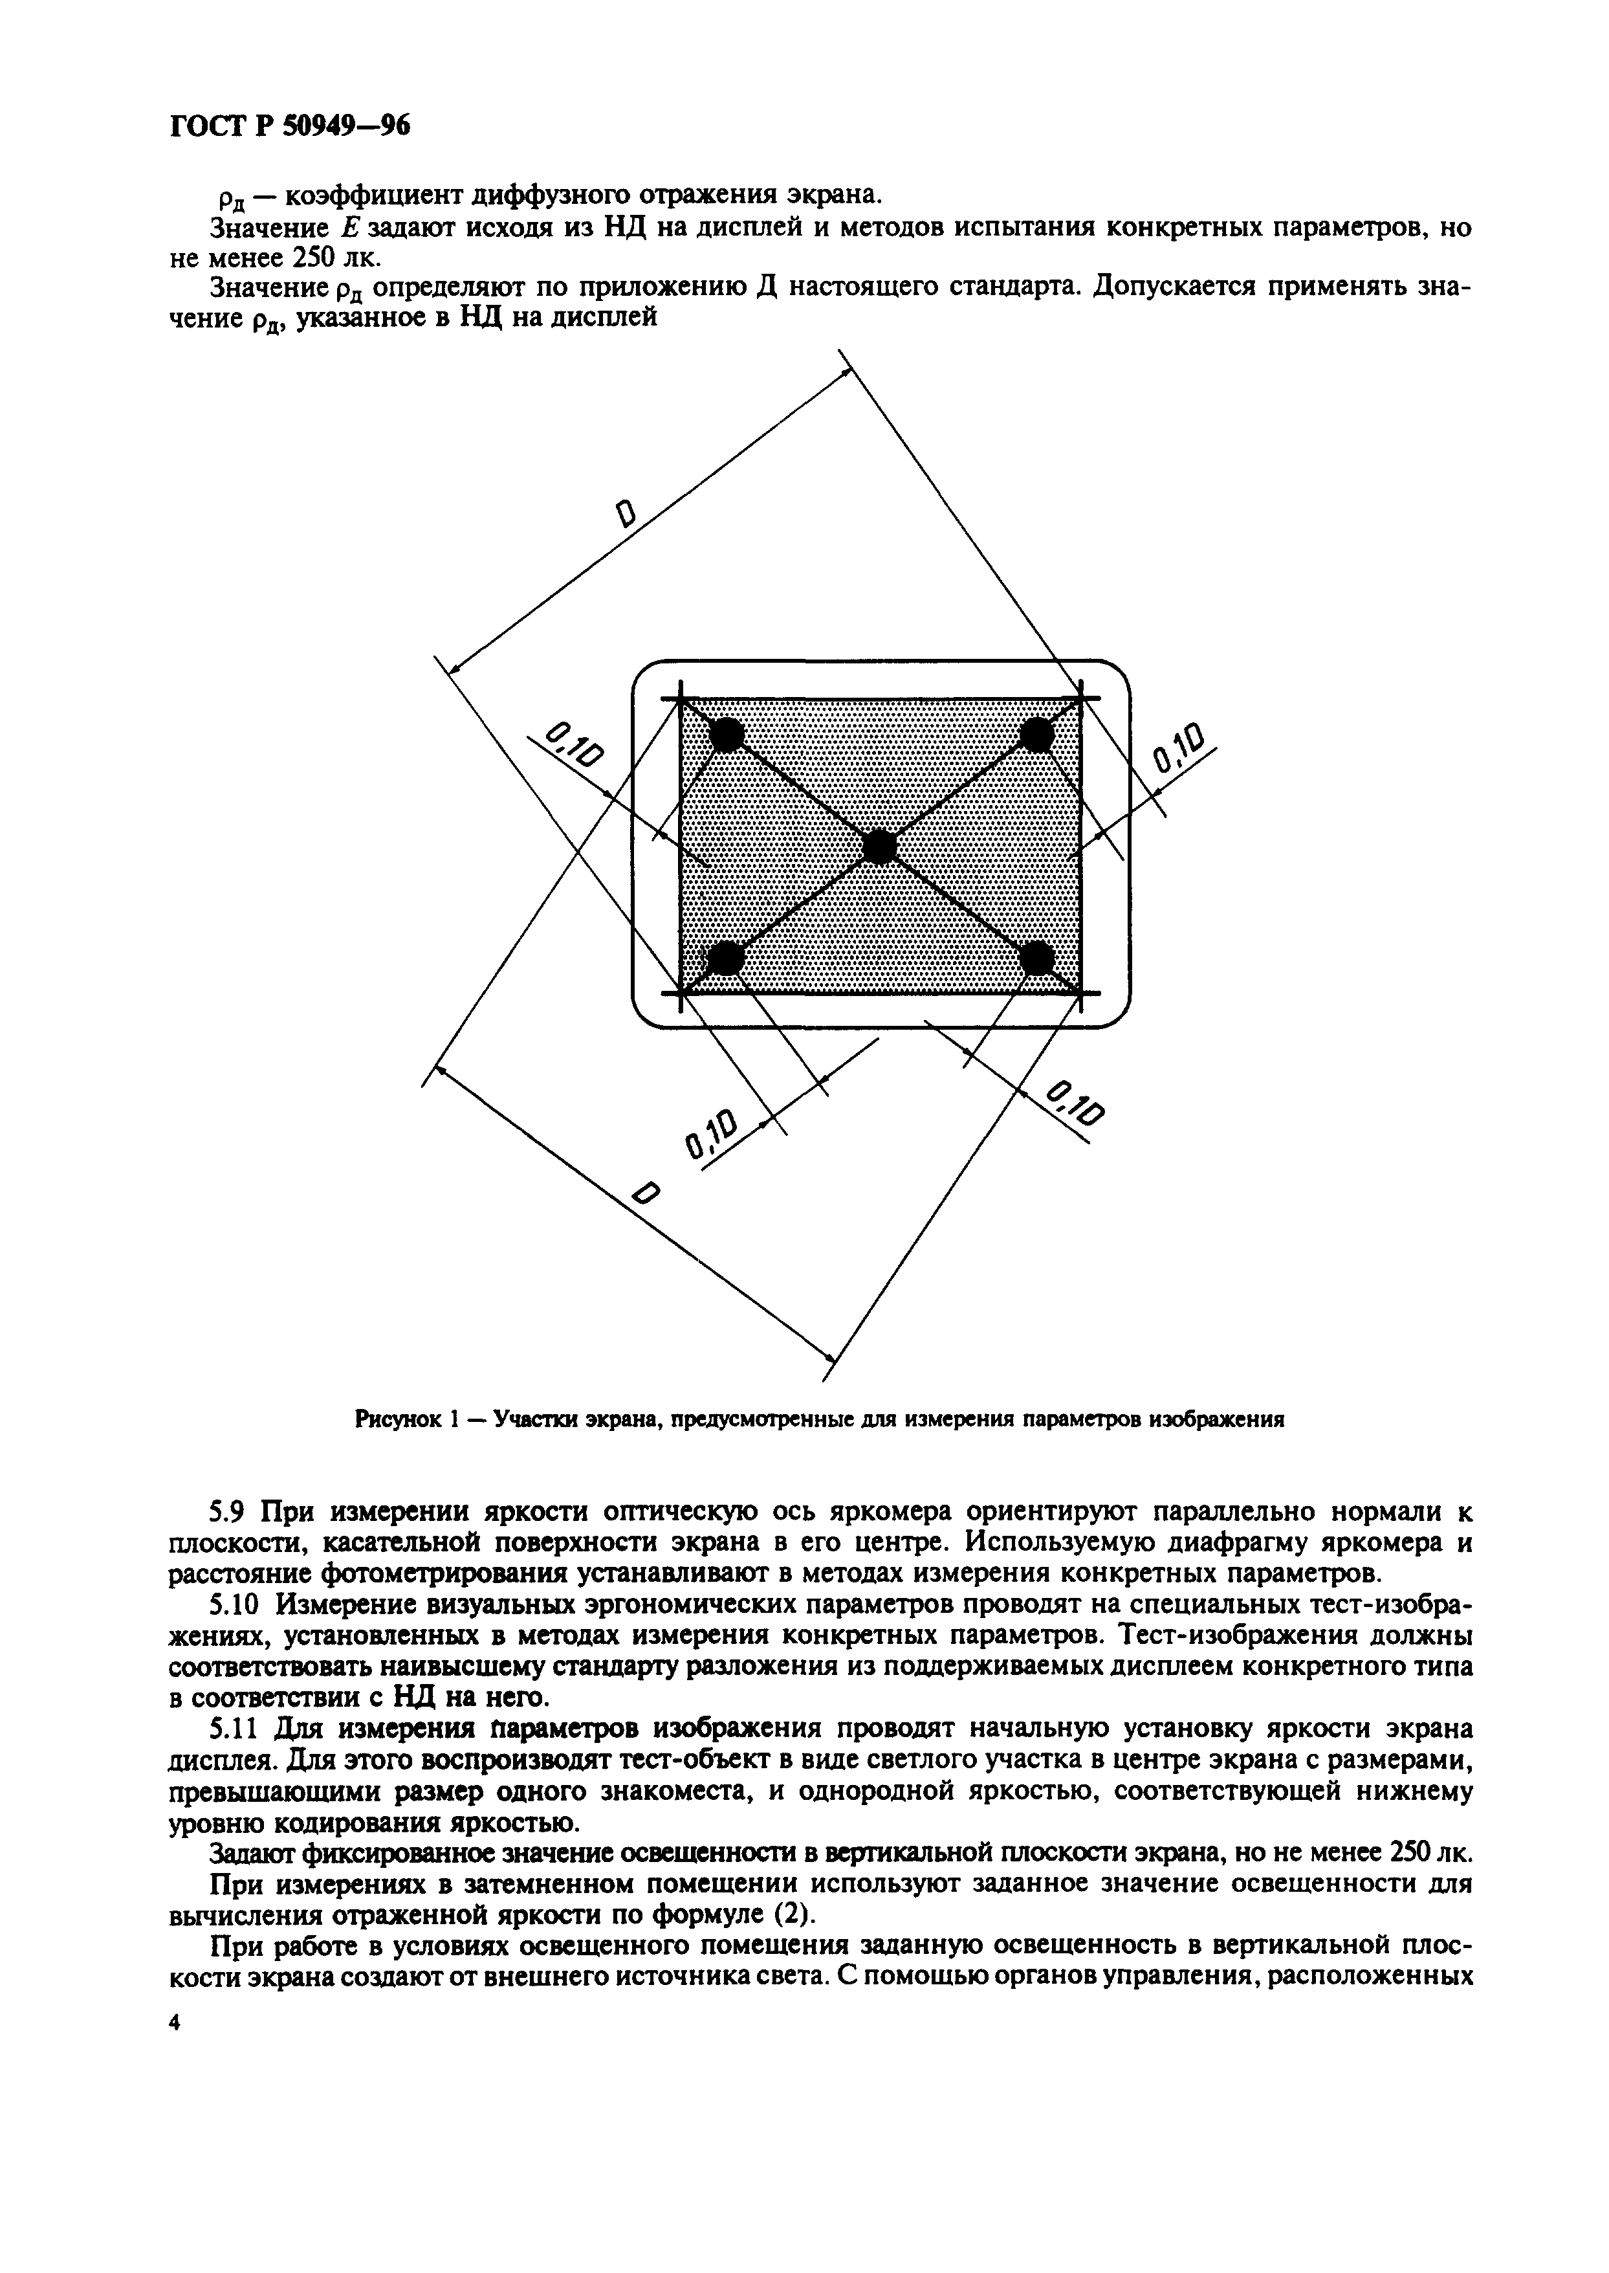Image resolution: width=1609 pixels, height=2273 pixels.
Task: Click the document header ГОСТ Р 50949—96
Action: pyautogui.click(x=289, y=126)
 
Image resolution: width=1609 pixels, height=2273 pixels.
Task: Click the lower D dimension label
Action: pyautogui.click(x=645, y=1196)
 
